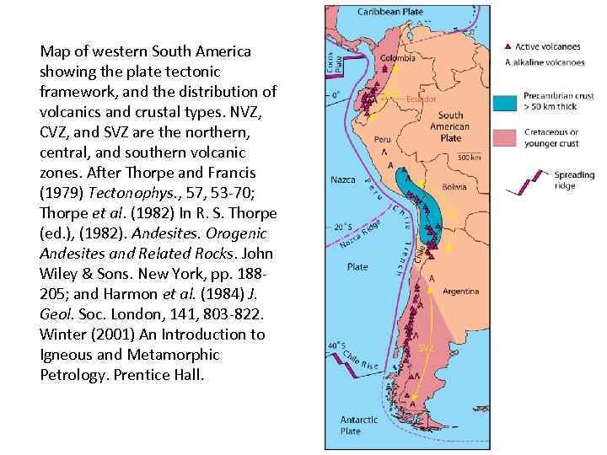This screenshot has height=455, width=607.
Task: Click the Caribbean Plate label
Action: coord(390,12)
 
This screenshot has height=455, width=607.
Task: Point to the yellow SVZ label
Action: coord(426,347)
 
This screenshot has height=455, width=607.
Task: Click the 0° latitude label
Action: coord(336,95)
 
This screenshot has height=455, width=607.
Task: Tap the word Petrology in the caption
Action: coord(71,373)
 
